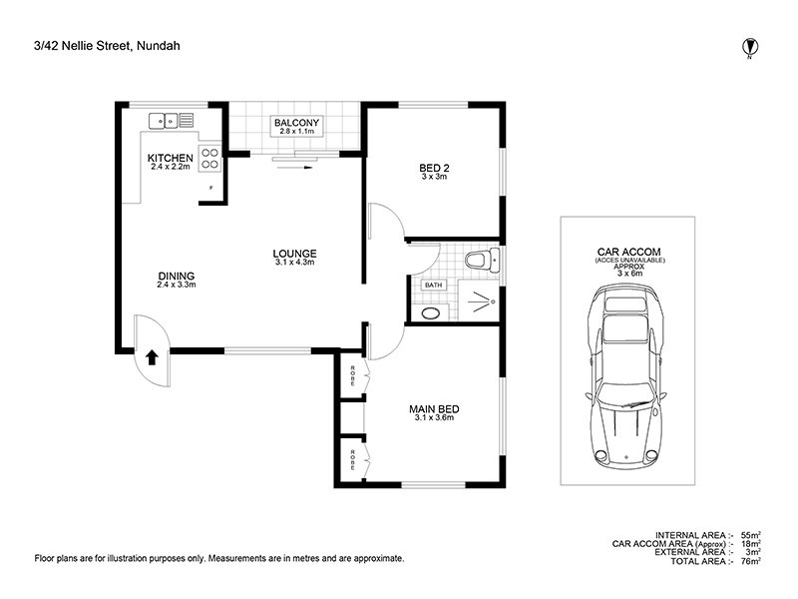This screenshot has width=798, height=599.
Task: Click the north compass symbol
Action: point(749,48)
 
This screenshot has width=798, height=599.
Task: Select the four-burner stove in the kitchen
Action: point(209,158)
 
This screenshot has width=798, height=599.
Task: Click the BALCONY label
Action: point(296,123)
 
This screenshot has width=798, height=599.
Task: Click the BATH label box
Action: point(434,285)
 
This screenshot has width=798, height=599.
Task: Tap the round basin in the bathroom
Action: point(432,313)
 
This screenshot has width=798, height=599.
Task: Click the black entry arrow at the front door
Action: point(152,358)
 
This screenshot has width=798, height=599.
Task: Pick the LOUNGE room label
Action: point(294,254)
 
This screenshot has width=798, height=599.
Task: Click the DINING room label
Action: point(177,277)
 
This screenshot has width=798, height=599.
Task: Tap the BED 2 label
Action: point(434,168)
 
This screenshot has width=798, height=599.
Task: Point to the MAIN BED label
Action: point(434,409)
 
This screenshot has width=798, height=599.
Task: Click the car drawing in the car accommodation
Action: point(625,376)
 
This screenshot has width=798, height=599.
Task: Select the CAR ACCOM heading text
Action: point(629,252)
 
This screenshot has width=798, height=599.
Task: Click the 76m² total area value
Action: point(751,561)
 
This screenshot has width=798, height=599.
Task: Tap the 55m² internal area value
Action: point(751,535)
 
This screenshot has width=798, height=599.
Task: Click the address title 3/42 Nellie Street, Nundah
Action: point(107,46)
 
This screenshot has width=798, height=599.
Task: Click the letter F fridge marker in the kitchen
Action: point(211,188)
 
